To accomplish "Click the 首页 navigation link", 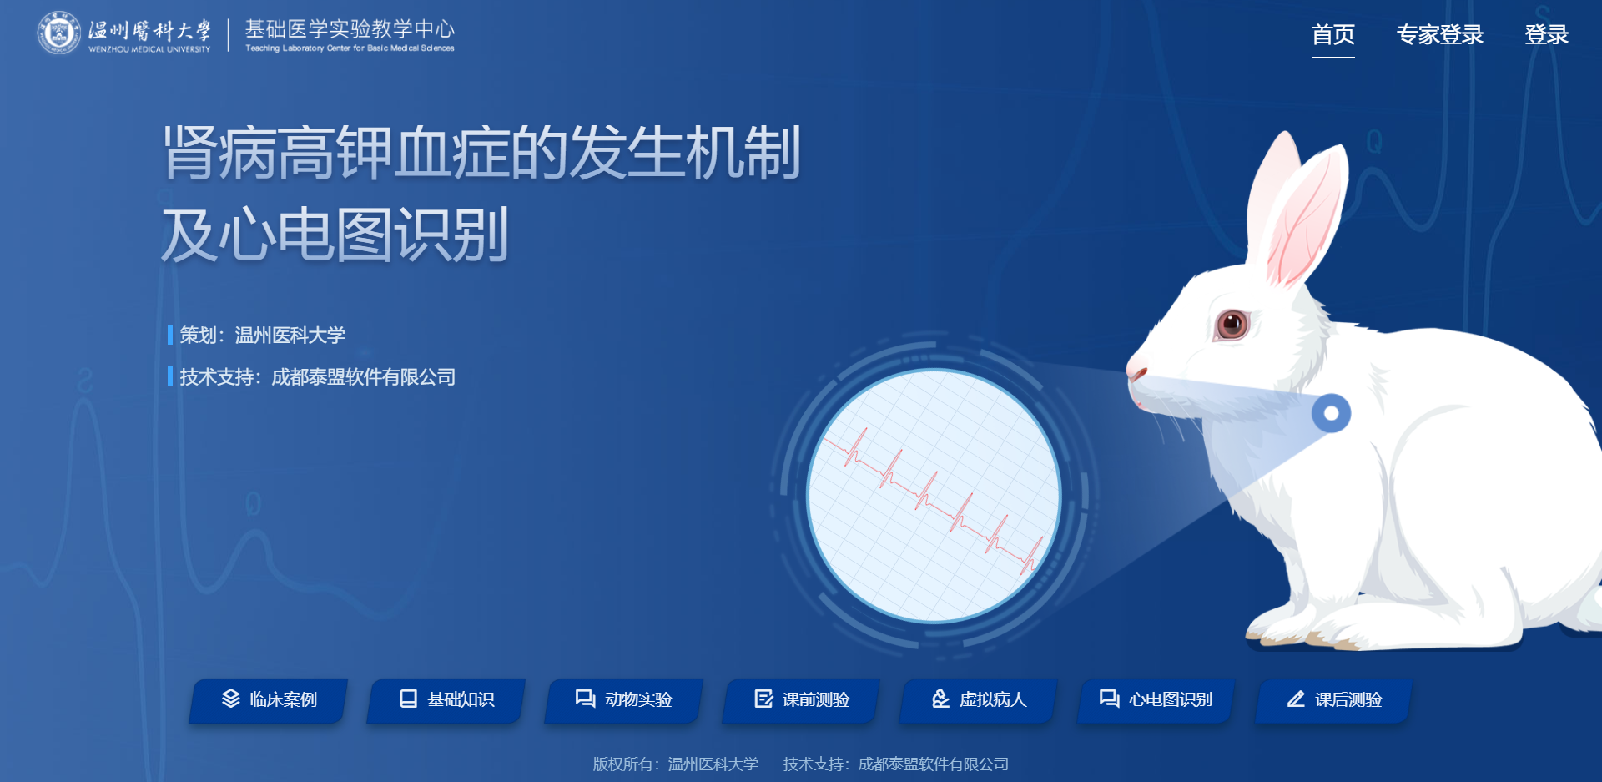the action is pos(1332,35).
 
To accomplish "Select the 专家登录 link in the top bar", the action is pos(1440,35).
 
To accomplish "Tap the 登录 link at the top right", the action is pos(1546,35).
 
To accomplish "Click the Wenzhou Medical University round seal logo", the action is pos(58,33).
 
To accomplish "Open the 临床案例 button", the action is pos(269,699).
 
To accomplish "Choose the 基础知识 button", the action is pos(446,699).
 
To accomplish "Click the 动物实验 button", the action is pos(624,699).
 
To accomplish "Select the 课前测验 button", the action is pos(802,699).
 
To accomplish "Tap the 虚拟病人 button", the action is pos(979,699).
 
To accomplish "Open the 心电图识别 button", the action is pos(1156,699).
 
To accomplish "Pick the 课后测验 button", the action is pos(1334,699).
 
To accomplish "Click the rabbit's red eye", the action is pos(1232,323).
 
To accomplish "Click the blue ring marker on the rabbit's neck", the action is pos(1331,413).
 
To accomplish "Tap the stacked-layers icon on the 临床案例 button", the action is pos(231,699).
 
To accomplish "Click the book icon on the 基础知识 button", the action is pos(408,699).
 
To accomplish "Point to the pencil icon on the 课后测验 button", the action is pos(1296,699).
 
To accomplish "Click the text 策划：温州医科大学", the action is pos(262,336).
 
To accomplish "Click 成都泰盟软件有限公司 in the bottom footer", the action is pos(934,764).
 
